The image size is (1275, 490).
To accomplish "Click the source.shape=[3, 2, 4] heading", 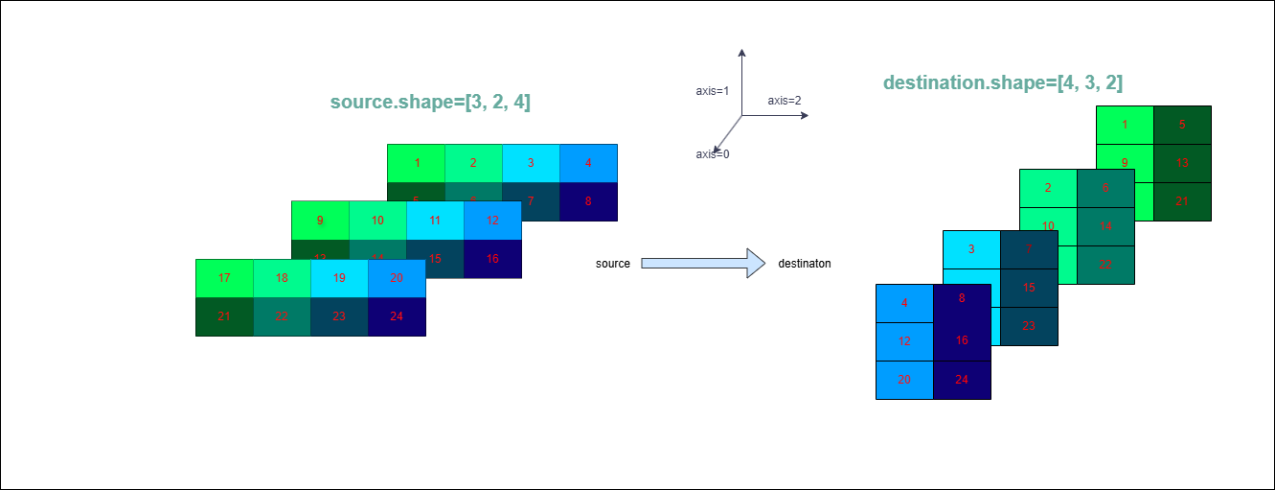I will [x=430, y=103].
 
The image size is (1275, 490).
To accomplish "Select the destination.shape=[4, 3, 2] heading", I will [x=1003, y=83].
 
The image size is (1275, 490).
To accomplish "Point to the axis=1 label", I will [x=713, y=91].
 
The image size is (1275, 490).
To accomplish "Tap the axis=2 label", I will [x=785, y=100].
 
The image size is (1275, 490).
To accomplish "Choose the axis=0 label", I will [x=713, y=153].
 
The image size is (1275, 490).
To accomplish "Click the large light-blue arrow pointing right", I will [x=703, y=263].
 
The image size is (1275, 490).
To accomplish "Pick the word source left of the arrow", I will [x=613, y=264].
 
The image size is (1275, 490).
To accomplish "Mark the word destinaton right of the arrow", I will [x=805, y=264].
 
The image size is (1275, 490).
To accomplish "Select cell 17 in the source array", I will [x=224, y=278].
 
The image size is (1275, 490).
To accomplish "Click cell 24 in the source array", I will [x=397, y=316].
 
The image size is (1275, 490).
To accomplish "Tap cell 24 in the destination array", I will [x=962, y=379].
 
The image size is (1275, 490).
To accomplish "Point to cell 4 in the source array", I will [x=588, y=163].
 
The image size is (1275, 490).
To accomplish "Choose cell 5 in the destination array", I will [x=1182, y=125].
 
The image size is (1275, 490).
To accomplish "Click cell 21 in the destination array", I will [x=1182, y=201].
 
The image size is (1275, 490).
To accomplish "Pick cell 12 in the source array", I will [x=492, y=221].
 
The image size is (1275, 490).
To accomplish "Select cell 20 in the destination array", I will [x=904, y=379].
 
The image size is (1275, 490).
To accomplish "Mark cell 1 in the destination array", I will [x=1125, y=125].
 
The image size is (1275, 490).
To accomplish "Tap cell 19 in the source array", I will [x=339, y=278].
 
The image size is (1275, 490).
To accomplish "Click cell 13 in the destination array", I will [x=1182, y=163].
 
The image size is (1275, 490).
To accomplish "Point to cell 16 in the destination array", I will [x=962, y=340].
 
